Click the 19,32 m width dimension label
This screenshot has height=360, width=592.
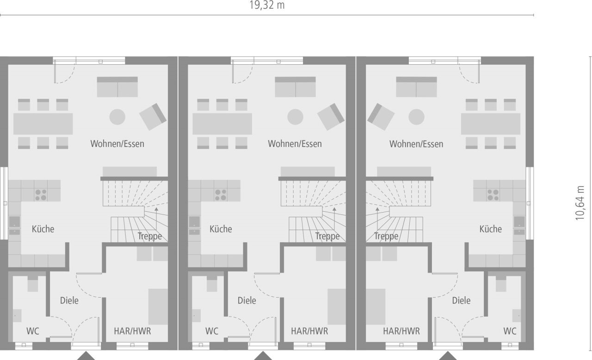click(267, 6)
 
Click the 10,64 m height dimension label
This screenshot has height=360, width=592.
click(580, 203)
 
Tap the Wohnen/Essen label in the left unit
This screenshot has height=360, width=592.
click(117, 144)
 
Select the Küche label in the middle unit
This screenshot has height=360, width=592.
click(221, 229)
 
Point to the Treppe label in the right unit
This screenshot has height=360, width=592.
click(386, 237)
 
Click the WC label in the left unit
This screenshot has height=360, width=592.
click(32, 331)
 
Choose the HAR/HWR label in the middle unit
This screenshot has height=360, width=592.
click(309, 331)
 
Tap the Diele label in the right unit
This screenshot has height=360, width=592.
click(461, 301)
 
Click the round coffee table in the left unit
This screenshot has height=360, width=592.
click(117, 116)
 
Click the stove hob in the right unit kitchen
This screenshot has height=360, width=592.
click(492, 194)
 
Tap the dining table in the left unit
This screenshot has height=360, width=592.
click(43, 124)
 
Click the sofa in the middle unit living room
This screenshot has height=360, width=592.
click(296, 87)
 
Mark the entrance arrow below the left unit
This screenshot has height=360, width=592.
click(86, 356)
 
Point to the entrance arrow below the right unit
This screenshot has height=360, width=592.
click(448, 356)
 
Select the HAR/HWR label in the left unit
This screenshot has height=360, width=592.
click(132, 331)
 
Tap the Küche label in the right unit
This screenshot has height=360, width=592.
click(491, 229)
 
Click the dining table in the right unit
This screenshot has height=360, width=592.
click(490, 124)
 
